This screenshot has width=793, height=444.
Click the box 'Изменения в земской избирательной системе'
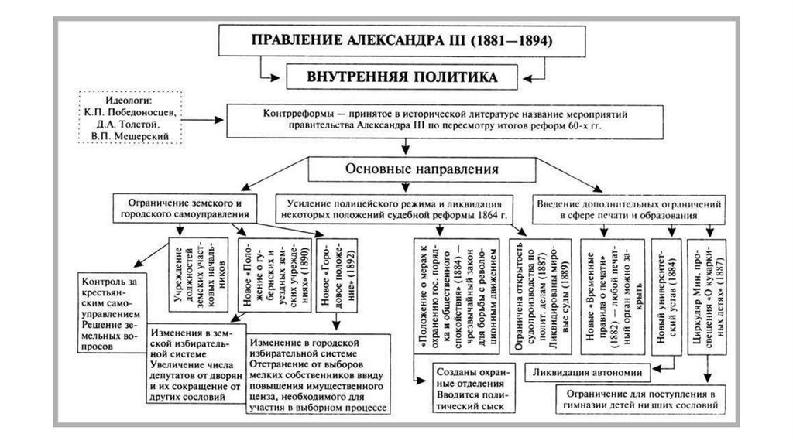click(190, 364)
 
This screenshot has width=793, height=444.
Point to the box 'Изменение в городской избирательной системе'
click(319, 375)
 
